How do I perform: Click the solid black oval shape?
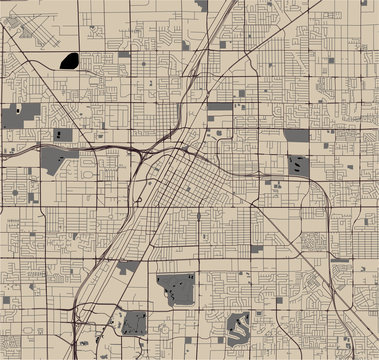click(x=70, y=60)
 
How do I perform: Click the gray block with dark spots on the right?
click(x=298, y=165)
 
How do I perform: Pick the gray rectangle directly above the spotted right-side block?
click(x=295, y=135)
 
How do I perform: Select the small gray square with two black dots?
click(x=63, y=133)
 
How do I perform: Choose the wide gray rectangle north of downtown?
click(x=220, y=105)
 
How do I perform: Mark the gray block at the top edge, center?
click(x=203, y=5)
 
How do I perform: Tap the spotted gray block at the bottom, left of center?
click(x=134, y=322)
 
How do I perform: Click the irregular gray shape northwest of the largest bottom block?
click(x=127, y=267)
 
